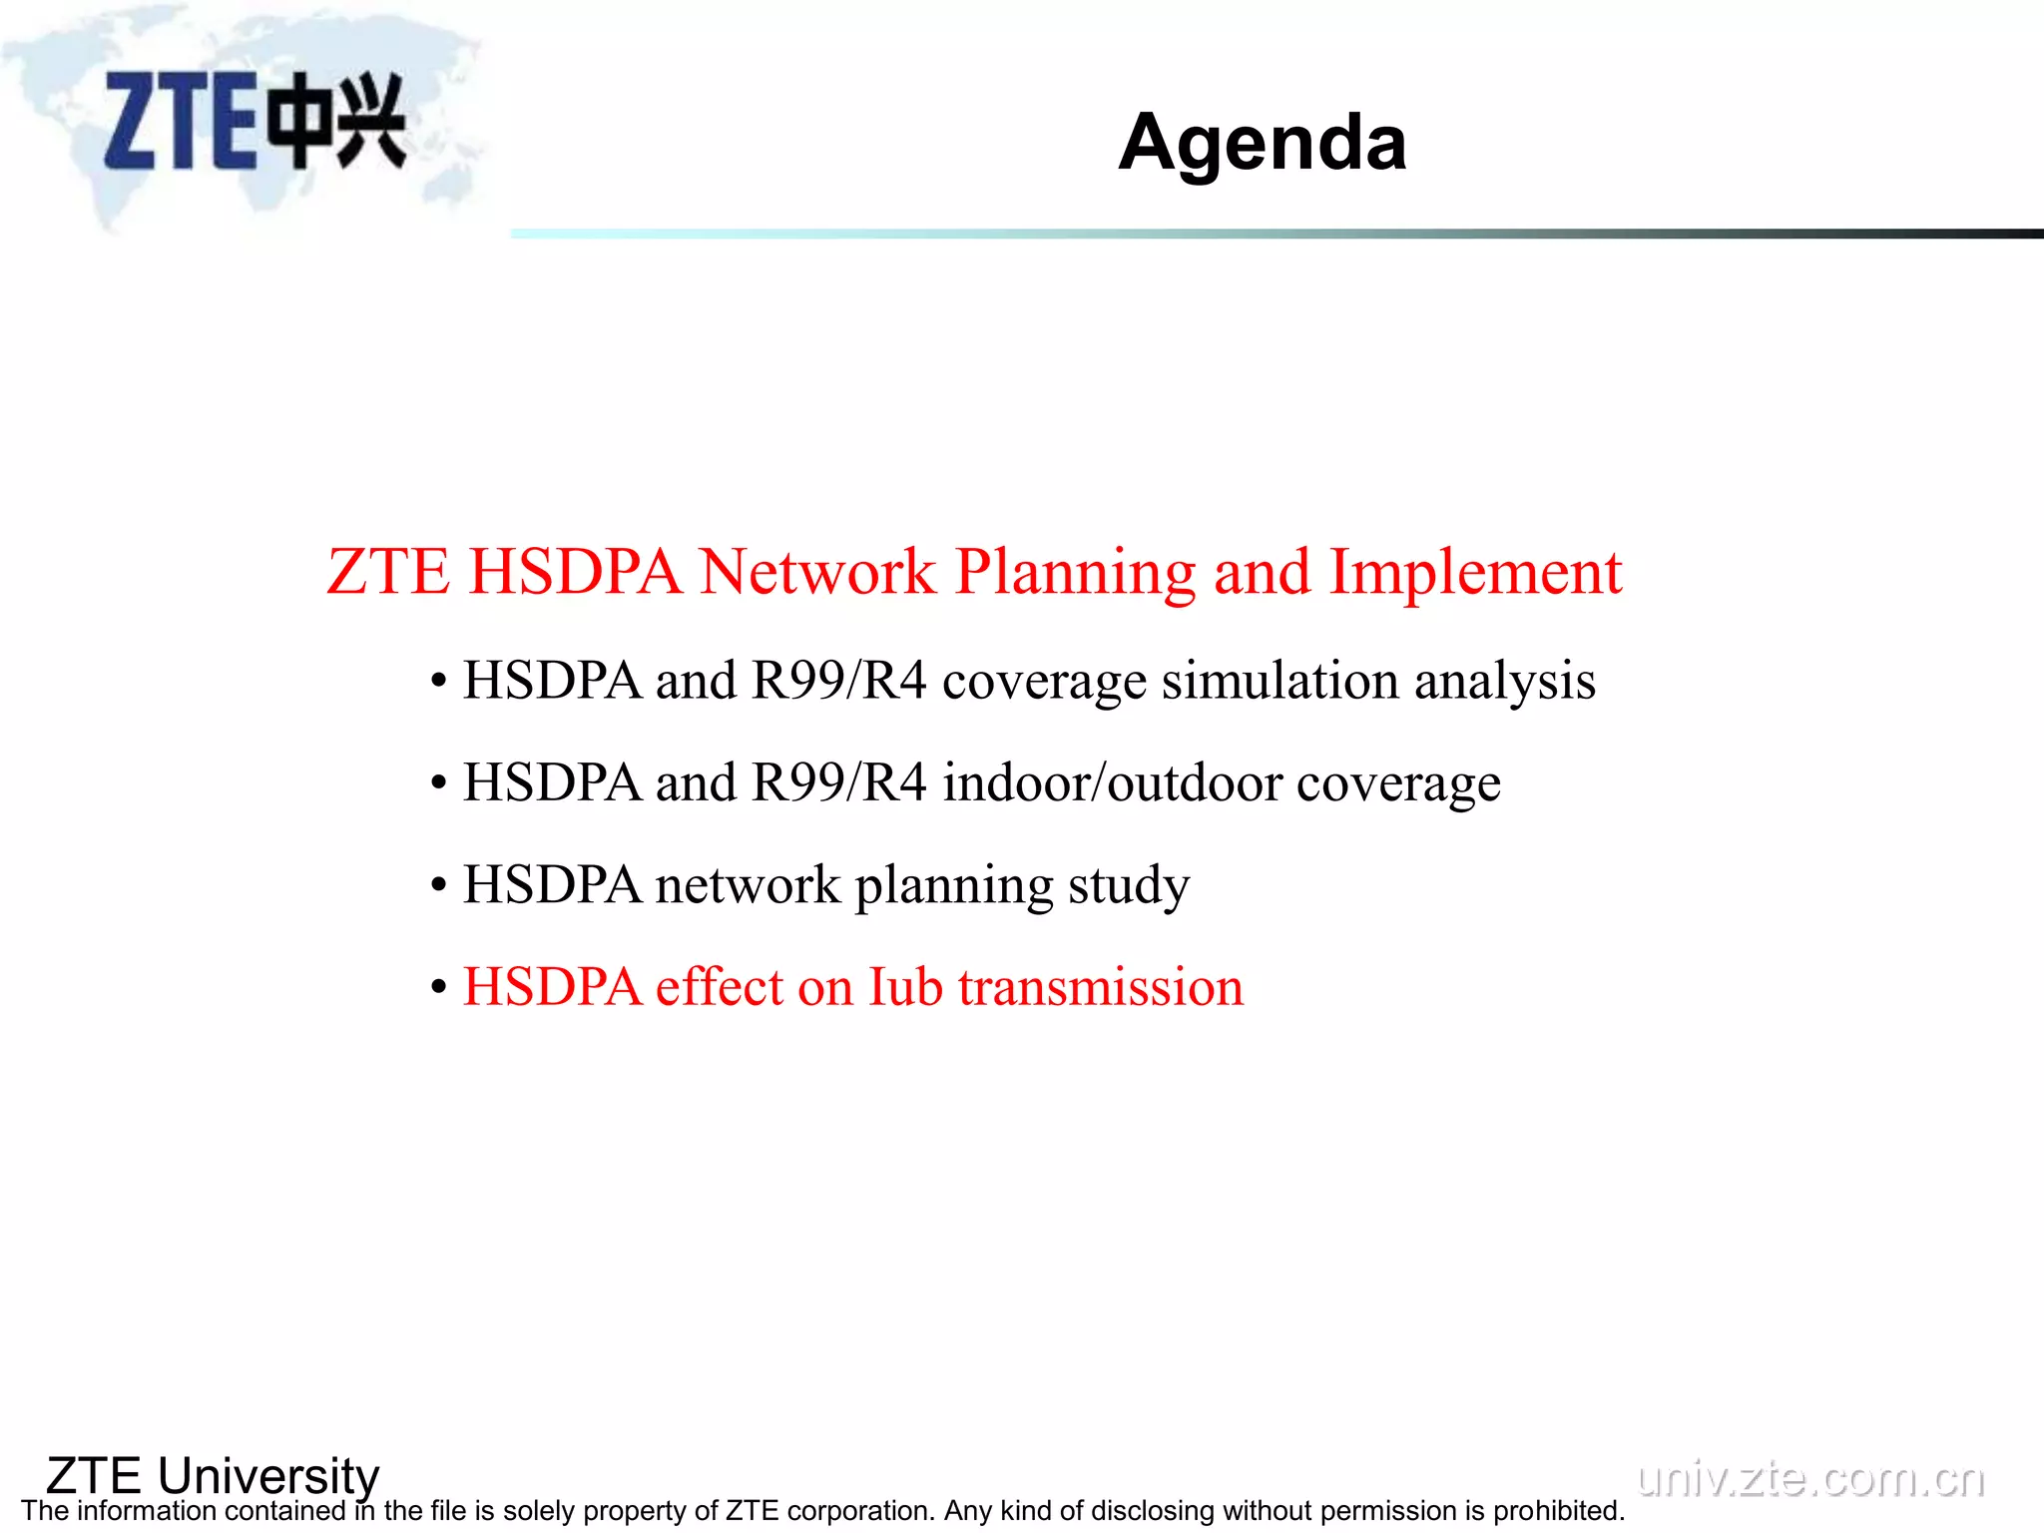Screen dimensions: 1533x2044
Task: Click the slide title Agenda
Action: [x=1262, y=143]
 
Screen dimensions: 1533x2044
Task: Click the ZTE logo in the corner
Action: [x=255, y=121]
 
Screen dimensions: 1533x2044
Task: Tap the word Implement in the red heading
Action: [x=1475, y=572]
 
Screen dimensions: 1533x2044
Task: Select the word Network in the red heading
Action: [x=816, y=572]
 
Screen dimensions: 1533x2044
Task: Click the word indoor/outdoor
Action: [x=1112, y=782]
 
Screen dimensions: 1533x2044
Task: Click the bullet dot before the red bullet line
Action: [x=438, y=989]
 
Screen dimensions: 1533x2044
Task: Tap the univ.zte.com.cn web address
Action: [x=1810, y=1478]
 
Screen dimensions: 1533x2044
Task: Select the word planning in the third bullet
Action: [x=953, y=885]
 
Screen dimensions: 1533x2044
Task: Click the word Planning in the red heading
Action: [x=1074, y=572]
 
